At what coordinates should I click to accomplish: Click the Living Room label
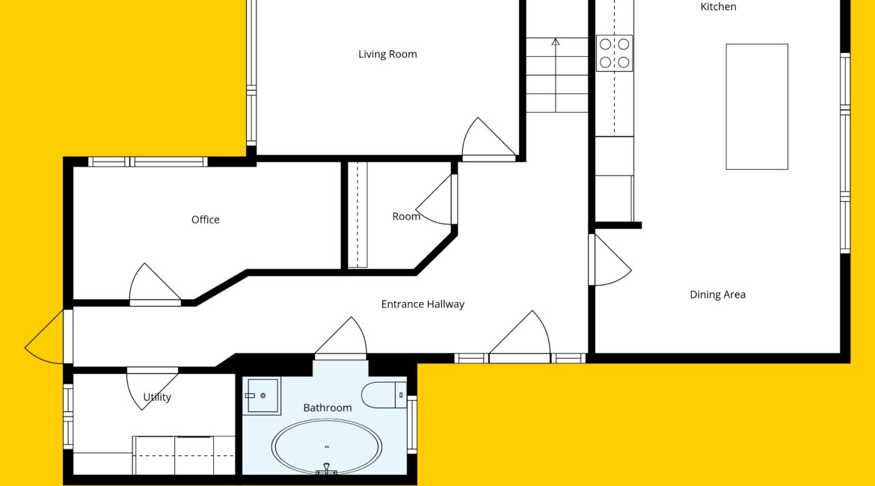(387, 54)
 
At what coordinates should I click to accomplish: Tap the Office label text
(206, 220)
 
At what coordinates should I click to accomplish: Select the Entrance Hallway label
(423, 304)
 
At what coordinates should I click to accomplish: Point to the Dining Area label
(718, 295)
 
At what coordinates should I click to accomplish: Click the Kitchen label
(718, 7)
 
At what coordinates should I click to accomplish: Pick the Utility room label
(157, 397)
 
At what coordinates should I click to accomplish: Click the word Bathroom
(328, 408)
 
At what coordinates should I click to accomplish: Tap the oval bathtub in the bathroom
(327, 447)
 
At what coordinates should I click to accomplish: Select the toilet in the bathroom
(384, 395)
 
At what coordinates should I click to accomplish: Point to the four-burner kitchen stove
(615, 53)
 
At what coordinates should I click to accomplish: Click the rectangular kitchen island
(757, 107)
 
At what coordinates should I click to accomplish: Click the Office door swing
(155, 285)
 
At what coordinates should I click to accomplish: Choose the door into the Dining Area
(610, 260)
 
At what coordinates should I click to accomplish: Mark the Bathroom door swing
(340, 338)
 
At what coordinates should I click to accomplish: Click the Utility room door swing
(152, 389)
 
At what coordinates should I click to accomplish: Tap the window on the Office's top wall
(148, 162)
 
